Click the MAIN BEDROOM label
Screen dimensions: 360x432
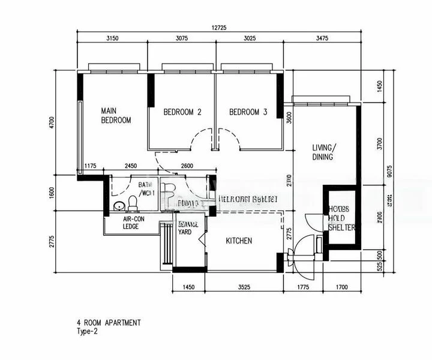point(116,116)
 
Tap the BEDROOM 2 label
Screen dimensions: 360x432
point(182,112)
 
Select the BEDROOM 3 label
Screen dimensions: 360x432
point(248,112)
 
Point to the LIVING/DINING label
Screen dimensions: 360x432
point(324,152)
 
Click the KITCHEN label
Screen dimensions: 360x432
point(239,241)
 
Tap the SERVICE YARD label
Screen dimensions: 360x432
point(189,227)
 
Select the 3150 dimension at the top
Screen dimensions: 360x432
point(112,38)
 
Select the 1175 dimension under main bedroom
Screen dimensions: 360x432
point(91,166)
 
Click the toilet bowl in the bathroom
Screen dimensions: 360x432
point(133,205)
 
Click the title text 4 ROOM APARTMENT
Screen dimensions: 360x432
point(109,323)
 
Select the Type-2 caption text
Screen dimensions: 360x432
point(88,332)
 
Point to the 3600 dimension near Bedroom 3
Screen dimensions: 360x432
point(289,118)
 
